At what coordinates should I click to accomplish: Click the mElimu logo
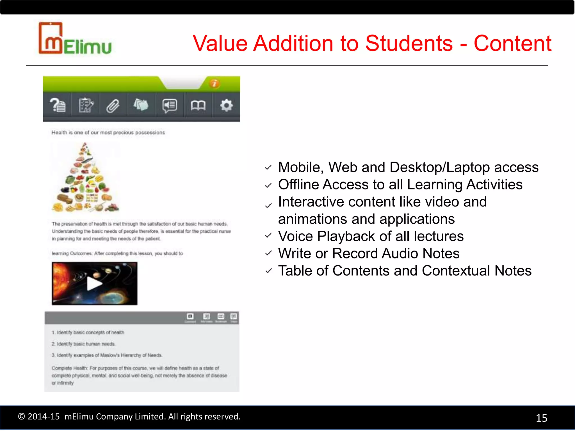[75, 39]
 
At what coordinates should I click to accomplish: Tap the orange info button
[215, 83]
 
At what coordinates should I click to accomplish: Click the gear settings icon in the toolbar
[226, 106]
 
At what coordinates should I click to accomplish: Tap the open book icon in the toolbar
[198, 106]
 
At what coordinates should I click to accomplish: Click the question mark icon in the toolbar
[58, 106]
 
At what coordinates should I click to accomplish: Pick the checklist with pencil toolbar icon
[86, 106]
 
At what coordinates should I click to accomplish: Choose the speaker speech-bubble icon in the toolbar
[170, 106]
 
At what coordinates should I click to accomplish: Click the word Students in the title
[409, 43]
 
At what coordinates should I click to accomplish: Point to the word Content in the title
[513, 43]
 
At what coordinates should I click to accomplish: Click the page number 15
[542, 418]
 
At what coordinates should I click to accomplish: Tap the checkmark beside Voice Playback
[269, 235]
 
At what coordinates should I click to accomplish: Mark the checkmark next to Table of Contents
[269, 271]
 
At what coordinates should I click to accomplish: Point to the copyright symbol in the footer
[21, 416]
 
